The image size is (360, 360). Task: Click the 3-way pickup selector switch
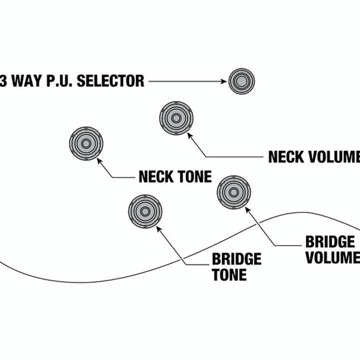pyautogui.click(x=242, y=81)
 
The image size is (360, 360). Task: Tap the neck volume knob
pyautogui.click(x=176, y=118)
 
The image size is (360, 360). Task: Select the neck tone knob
pyautogui.click(x=86, y=143)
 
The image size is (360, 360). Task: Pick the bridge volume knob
pyautogui.click(x=233, y=192)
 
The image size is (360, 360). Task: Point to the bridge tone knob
pyautogui.click(x=145, y=211)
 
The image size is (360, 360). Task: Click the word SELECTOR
pyautogui.click(x=111, y=81)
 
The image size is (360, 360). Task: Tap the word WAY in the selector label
pyautogui.click(x=27, y=81)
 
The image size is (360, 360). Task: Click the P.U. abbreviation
pyautogui.click(x=60, y=81)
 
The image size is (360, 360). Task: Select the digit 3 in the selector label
pyautogui.click(x=3, y=81)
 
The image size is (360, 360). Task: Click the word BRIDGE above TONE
pyautogui.click(x=237, y=259)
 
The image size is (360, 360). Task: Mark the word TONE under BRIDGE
pyautogui.click(x=229, y=274)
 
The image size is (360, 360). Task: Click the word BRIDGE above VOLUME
pyautogui.click(x=330, y=242)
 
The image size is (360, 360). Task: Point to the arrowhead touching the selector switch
pyautogui.click(x=224, y=81)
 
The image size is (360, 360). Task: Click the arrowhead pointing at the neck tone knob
pyautogui.click(x=99, y=160)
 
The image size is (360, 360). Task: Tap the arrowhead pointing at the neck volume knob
pyautogui.click(x=190, y=135)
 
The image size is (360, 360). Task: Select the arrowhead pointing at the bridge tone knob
pyautogui.click(x=159, y=229)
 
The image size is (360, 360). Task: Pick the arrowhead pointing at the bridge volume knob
pyautogui.click(x=248, y=210)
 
